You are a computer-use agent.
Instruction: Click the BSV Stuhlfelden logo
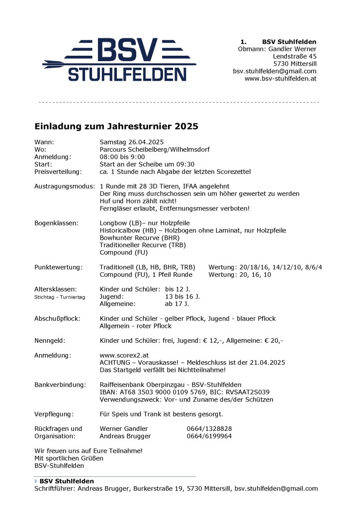coord(120,60)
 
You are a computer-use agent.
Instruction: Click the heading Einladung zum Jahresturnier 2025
coord(116,126)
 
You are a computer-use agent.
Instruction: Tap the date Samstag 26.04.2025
coord(131,142)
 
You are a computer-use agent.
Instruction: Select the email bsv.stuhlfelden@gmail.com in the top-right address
coord(274,71)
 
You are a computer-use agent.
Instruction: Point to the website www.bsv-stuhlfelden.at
coord(280,79)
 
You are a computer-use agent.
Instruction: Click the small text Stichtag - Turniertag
coord(60,297)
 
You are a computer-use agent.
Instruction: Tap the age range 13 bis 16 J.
coord(182,297)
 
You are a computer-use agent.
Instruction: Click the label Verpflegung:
coord(54,414)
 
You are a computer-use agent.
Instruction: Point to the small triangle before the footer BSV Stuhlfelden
coord(36,481)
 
